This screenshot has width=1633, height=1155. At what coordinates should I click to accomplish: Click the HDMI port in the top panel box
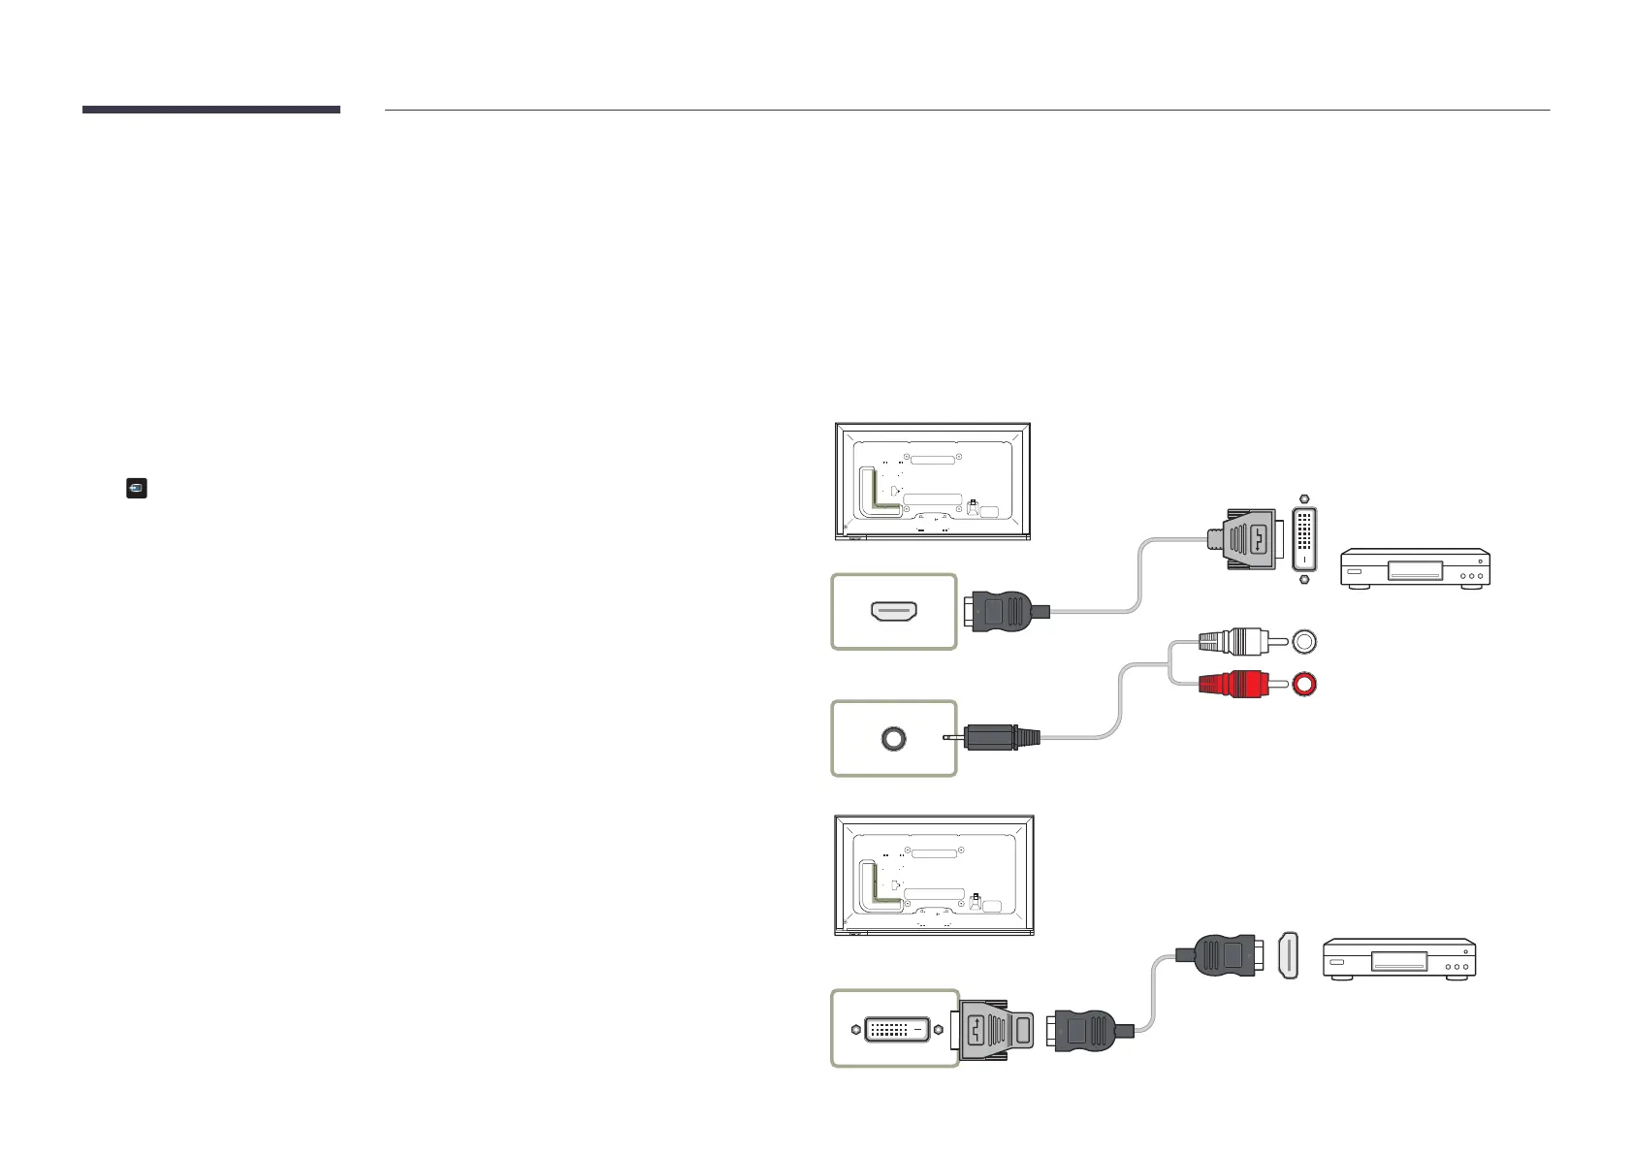coord(894,612)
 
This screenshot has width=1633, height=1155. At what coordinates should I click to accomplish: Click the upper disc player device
coord(1414,567)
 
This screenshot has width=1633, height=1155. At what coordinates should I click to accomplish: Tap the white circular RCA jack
coord(1305,641)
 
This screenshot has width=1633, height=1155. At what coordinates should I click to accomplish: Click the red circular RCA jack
coord(1305,684)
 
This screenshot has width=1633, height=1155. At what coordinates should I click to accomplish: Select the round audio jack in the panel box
coord(894,737)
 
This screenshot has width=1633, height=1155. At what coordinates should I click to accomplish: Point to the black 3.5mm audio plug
coord(999,737)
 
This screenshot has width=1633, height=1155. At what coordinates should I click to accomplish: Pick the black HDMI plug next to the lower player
coord(1222,955)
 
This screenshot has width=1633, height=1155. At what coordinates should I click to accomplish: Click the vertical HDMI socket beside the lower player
coord(1287,955)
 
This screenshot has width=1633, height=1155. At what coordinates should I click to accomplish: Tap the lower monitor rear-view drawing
coord(934,876)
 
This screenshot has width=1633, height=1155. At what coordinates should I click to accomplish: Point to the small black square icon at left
coord(137,488)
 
